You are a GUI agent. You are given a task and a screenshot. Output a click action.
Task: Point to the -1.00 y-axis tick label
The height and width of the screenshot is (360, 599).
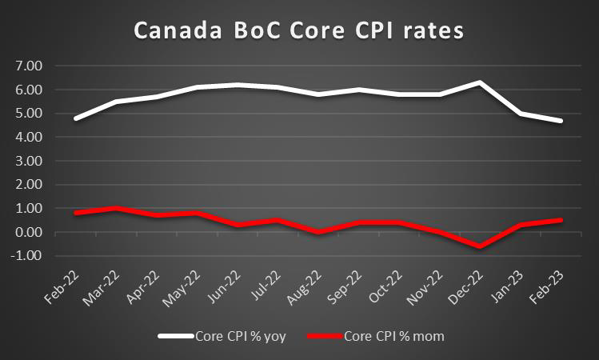(x=30, y=256)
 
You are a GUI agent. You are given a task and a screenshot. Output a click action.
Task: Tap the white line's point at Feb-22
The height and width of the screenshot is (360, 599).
(x=76, y=118)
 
